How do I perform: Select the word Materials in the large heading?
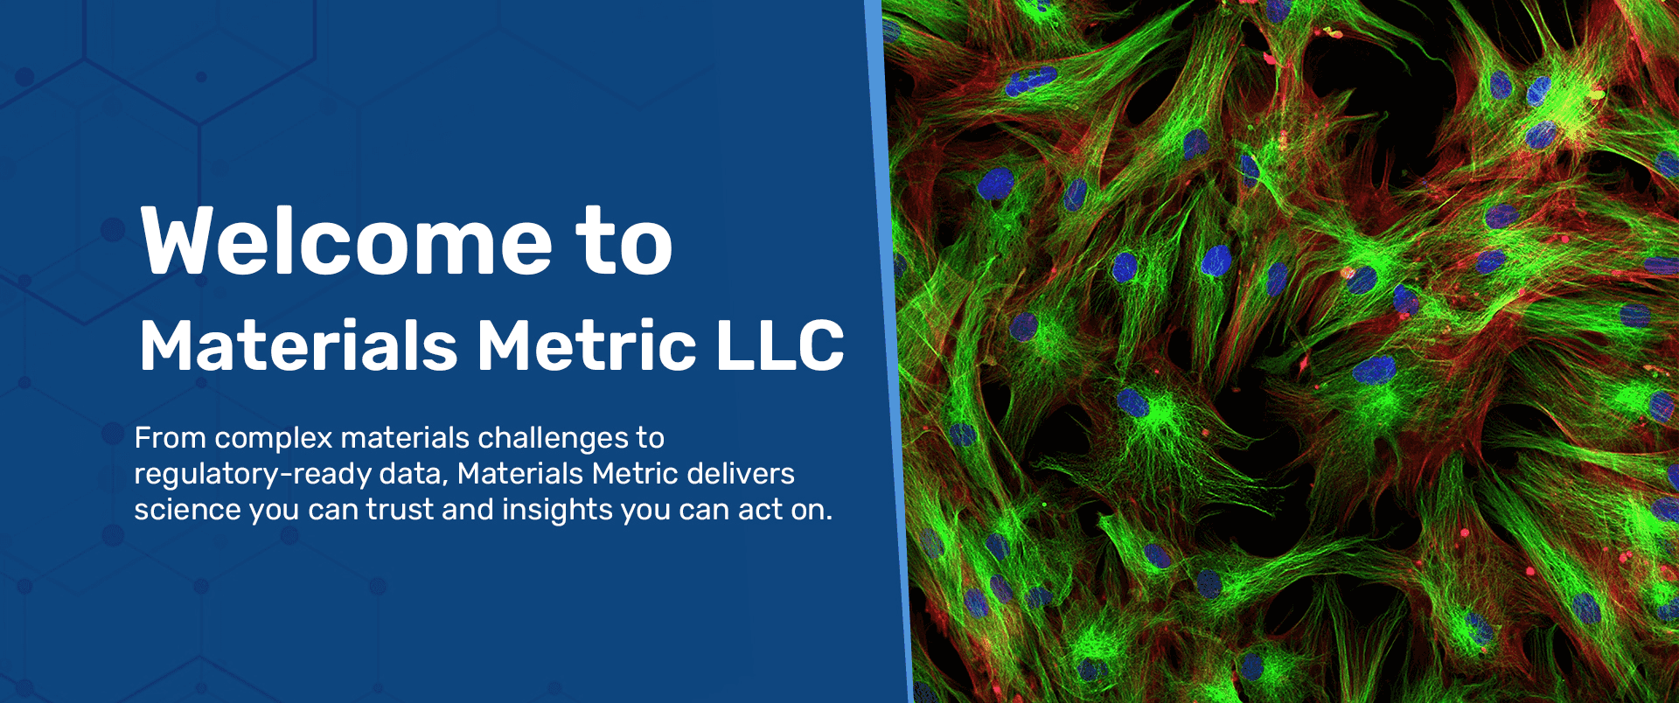298,346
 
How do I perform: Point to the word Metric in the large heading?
587,346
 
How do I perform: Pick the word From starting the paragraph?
170,438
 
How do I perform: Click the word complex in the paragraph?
273,438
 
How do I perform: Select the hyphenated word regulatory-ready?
252,474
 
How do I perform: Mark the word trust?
400,510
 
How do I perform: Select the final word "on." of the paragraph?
812,510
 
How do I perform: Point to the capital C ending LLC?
820,346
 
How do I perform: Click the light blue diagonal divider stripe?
890,350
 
